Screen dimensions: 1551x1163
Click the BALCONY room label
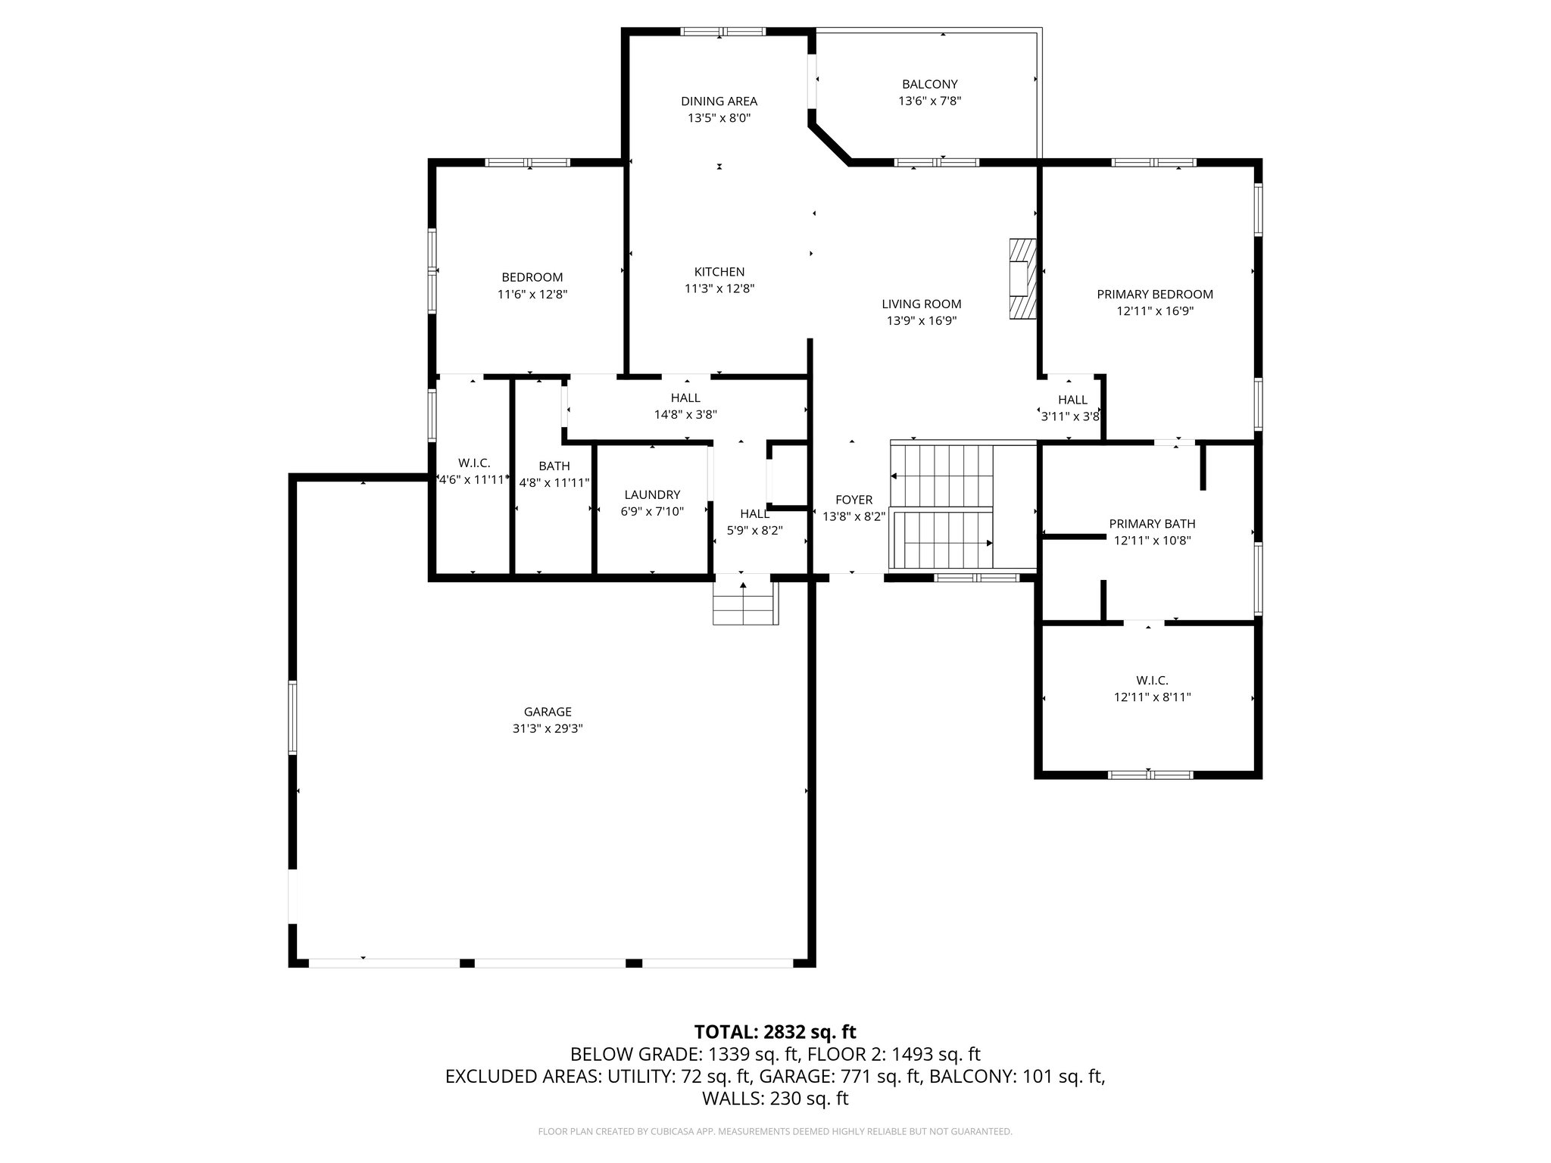(x=929, y=84)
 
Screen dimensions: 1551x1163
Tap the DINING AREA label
(x=719, y=101)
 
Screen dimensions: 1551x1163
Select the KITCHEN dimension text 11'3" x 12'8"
(x=719, y=288)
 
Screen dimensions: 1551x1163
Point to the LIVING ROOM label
(x=921, y=304)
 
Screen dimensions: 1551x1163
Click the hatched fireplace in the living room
(x=1021, y=279)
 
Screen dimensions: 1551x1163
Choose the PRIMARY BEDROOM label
(x=1155, y=295)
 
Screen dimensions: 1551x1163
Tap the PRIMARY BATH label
(x=1152, y=524)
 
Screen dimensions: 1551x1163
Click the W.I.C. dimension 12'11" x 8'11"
(x=1152, y=697)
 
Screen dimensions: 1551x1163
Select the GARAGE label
(x=548, y=712)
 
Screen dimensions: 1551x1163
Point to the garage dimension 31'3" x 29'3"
(x=548, y=729)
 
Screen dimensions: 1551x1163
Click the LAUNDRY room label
(x=652, y=495)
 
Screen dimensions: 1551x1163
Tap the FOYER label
(x=854, y=500)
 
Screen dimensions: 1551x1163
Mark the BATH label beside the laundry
(x=554, y=466)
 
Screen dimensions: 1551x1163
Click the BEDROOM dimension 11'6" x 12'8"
(x=532, y=295)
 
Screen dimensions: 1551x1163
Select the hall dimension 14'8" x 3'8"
(x=685, y=415)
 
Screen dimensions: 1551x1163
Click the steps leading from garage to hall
(x=746, y=600)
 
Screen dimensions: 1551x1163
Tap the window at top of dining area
(x=722, y=32)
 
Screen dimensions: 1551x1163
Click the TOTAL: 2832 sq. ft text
(x=775, y=1032)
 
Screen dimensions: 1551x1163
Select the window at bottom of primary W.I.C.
(x=1150, y=775)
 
